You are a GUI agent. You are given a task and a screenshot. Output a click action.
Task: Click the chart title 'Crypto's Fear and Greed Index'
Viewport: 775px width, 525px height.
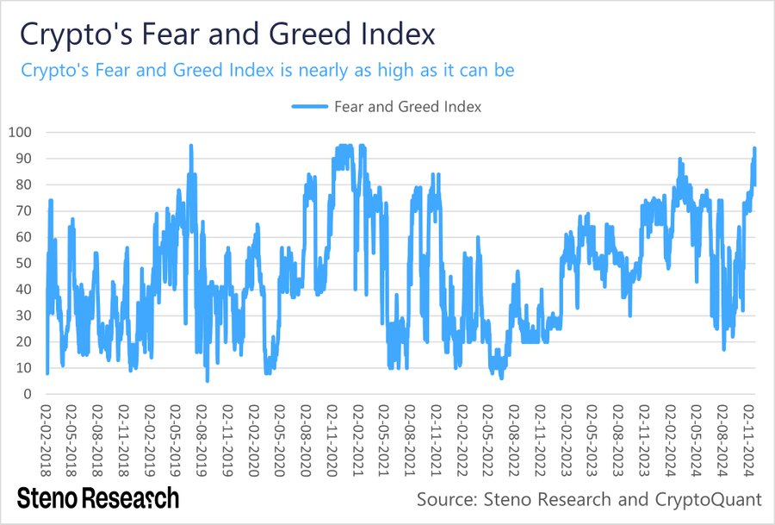coord(227,36)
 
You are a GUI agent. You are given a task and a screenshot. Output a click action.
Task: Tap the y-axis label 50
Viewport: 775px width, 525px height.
coord(24,263)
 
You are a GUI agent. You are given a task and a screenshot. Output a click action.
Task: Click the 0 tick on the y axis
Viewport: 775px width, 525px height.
coord(28,394)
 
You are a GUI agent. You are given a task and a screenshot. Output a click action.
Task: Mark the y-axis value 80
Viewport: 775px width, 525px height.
coord(24,184)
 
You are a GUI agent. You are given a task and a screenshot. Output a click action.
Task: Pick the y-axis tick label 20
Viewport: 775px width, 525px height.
coord(24,341)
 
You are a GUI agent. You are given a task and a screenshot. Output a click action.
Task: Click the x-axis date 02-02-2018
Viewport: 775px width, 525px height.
coord(46,439)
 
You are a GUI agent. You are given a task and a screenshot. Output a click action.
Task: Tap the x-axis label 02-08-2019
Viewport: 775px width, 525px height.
coord(200,439)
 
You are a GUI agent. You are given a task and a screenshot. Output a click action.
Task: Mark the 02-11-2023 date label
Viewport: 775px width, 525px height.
coord(643,439)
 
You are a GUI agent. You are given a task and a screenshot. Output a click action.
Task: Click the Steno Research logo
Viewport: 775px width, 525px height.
coord(98,497)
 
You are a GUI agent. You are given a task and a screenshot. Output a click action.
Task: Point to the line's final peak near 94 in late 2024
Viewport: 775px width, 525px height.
coord(754,148)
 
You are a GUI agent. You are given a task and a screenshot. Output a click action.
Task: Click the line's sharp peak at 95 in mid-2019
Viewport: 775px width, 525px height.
coord(190,146)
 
